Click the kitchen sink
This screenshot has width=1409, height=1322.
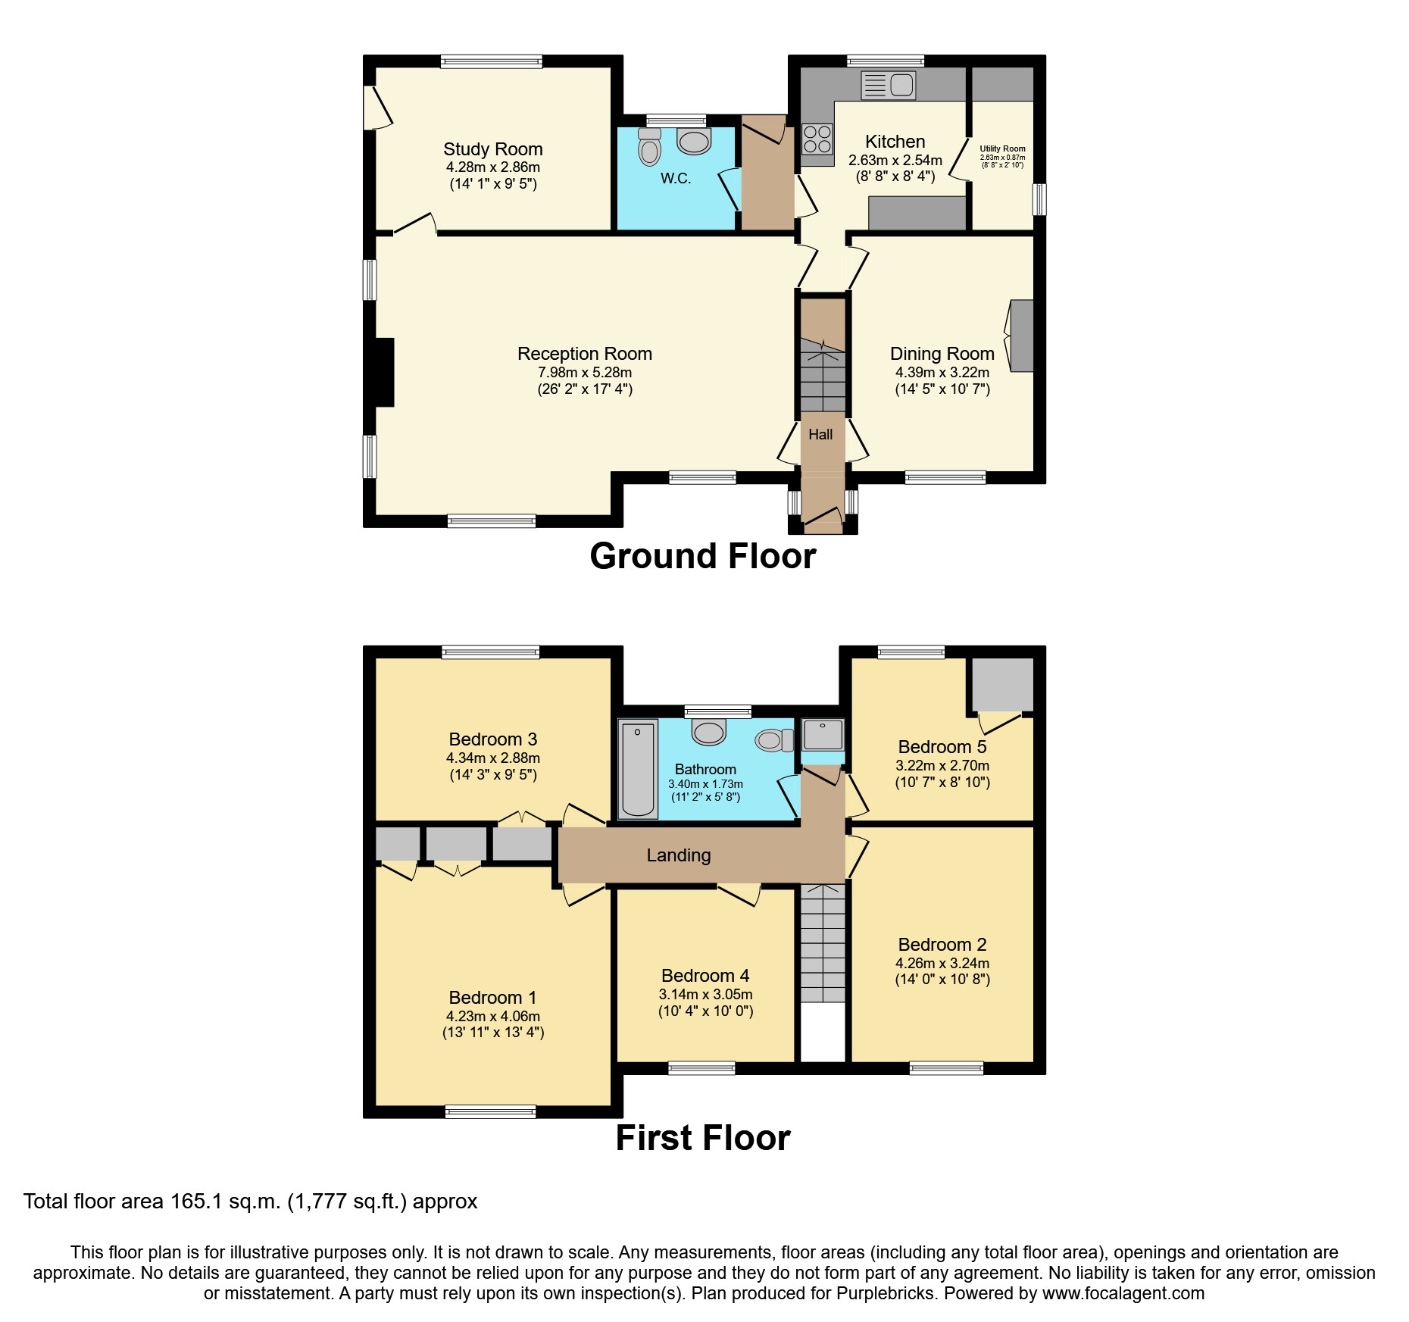coord(889,85)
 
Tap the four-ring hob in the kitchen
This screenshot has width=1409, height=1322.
coord(817,139)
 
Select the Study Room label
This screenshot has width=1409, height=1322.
coord(492,149)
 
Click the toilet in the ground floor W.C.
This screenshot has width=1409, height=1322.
coord(649,147)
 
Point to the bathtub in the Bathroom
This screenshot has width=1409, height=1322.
coord(638,769)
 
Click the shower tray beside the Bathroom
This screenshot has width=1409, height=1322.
coord(823,733)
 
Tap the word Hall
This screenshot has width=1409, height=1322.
coord(820,435)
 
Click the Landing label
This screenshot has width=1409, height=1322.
coord(678,855)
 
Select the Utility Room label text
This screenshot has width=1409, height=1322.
coord(1002,149)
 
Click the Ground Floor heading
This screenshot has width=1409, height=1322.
coord(702,556)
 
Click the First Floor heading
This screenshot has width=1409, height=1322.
coord(702,1138)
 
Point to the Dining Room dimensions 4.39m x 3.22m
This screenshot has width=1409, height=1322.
coord(942,372)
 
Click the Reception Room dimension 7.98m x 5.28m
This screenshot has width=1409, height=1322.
coord(584,372)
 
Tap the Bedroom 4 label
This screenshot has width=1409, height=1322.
coord(704,976)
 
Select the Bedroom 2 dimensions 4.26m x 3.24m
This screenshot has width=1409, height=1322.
coord(942,963)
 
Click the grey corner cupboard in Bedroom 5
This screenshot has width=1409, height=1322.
coord(1002,684)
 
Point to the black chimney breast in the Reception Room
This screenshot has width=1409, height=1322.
coord(384,372)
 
